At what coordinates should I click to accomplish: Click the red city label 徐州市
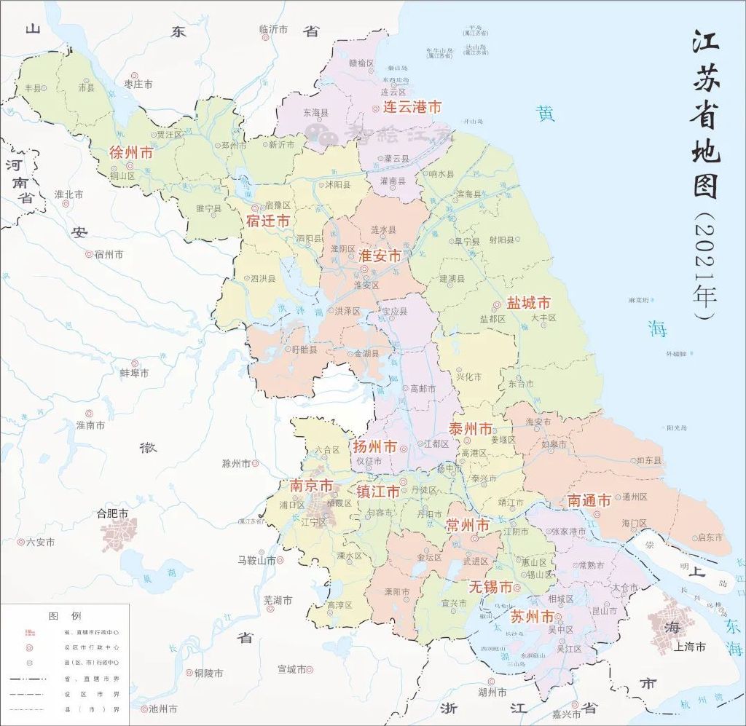click(x=131, y=153)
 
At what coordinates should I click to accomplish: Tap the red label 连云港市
click(x=407, y=107)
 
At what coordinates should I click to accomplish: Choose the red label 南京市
click(x=311, y=485)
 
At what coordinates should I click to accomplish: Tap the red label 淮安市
click(x=380, y=256)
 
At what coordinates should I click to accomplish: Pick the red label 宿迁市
click(x=268, y=220)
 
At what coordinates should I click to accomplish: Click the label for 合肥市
click(x=112, y=513)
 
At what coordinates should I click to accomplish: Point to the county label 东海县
click(x=315, y=113)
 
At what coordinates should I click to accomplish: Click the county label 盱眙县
click(x=305, y=350)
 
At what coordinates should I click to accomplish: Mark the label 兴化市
click(x=469, y=376)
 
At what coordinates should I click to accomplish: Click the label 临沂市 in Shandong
click(x=274, y=29)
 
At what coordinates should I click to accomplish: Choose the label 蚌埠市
click(x=134, y=373)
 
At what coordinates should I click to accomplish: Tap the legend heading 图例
click(x=65, y=615)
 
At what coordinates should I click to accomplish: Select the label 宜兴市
click(x=455, y=603)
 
